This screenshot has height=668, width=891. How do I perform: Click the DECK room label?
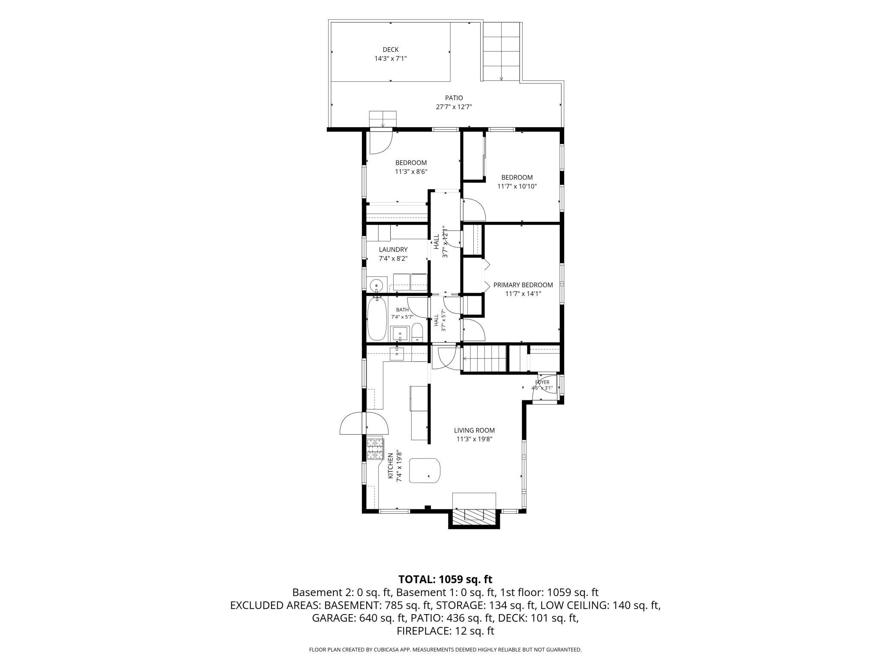(391, 50)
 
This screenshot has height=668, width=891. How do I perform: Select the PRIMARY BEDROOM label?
(523, 285)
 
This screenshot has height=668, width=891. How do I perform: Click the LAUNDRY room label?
(393, 250)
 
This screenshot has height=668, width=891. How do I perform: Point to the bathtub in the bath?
(377, 319)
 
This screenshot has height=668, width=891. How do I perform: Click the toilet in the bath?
(417, 333)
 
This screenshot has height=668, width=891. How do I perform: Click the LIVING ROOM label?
(474, 430)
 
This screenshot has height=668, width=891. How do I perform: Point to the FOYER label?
(542, 382)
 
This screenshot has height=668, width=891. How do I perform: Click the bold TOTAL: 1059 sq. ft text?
(445, 579)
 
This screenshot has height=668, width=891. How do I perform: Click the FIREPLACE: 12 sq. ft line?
(445, 631)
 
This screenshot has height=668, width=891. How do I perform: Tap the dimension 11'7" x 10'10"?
(517, 186)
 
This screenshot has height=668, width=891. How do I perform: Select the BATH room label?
(402, 310)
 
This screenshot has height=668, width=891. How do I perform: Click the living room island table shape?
(425, 471)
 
